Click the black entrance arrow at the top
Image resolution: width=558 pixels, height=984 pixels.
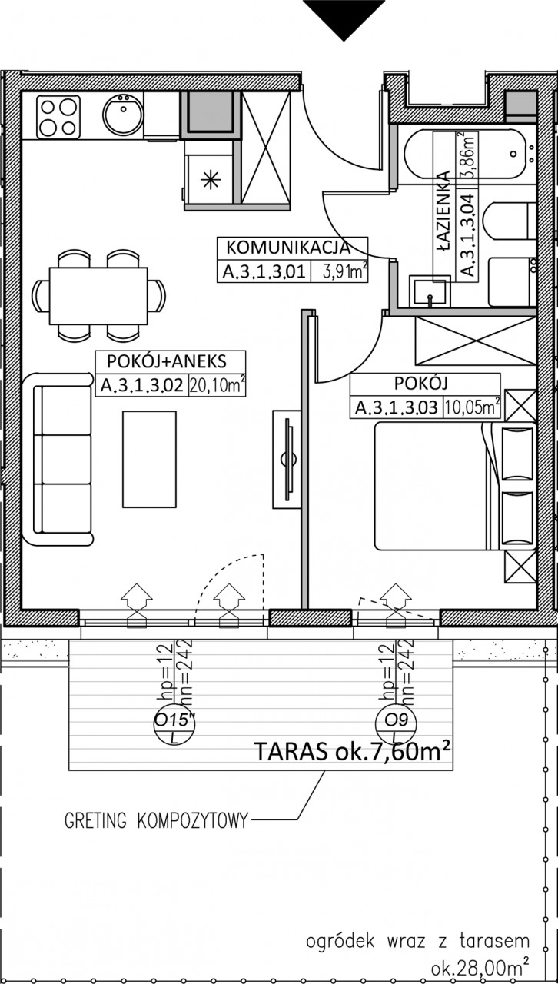point(344,18)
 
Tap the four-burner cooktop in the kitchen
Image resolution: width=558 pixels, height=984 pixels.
point(58,116)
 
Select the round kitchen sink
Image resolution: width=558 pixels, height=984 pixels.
point(123,115)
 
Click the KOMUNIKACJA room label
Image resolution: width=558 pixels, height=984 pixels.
point(288,248)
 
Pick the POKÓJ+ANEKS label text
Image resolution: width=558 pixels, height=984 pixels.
point(167,361)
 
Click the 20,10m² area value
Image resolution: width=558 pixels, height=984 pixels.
point(217,386)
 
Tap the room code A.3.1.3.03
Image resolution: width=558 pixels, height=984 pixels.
point(397,407)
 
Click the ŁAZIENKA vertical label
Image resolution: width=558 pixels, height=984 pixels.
point(443,211)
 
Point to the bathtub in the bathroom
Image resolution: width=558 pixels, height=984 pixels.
point(465,154)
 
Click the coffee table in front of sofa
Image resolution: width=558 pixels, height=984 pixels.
point(149,459)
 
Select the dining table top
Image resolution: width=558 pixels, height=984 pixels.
point(98,296)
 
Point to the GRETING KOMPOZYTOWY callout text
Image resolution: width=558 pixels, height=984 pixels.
point(157,820)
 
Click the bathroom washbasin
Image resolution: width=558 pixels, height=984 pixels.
point(430,291)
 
